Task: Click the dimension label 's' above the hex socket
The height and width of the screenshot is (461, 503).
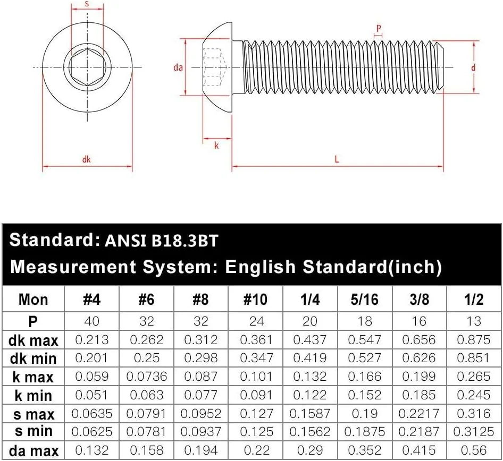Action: (87, 4)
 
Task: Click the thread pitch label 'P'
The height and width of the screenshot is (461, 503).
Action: (379, 28)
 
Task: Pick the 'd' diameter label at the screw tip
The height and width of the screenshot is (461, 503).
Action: (472, 67)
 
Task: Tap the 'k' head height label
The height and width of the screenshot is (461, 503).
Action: (216, 145)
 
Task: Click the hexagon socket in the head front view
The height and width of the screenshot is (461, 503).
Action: (87, 67)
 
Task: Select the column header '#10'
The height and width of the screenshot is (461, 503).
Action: (255, 300)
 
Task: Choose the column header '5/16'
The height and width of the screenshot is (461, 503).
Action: (364, 300)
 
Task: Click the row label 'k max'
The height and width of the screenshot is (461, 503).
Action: (32, 377)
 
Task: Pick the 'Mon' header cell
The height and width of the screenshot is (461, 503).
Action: (33, 300)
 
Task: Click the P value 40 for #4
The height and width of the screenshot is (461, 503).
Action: (92, 321)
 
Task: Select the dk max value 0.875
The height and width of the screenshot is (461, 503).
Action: (473, 339)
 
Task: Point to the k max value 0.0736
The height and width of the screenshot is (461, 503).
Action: (146, 377)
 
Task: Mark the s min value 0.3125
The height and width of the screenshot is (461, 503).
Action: (473, 432)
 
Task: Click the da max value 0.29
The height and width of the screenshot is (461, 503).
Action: (310, 450)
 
